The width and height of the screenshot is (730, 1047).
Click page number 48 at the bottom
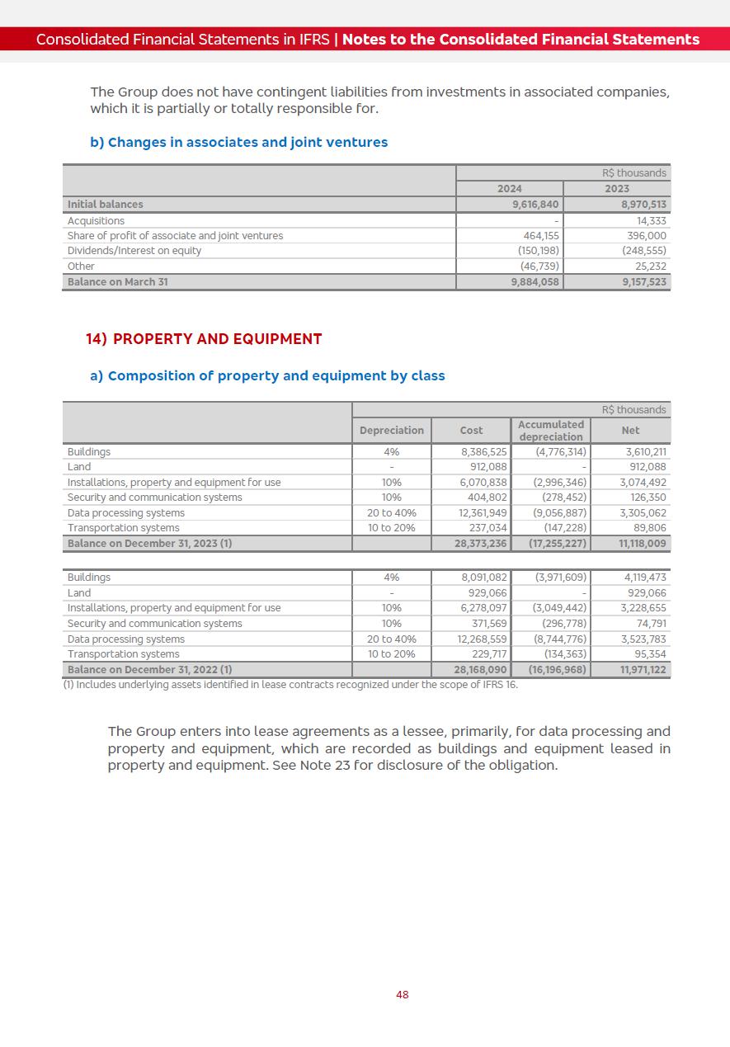[x=402, y=995]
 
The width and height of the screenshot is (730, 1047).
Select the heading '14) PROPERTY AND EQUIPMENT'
[x=204, y=339]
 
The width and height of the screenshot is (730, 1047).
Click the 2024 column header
[x=509, y=189]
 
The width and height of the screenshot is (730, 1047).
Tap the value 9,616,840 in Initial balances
[x=535, y=205]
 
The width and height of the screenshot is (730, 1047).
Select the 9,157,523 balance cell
[x=644, y=282]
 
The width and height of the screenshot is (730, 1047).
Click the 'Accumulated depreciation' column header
[x=551, y=431]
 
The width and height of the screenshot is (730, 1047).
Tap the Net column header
[x=630, y=431]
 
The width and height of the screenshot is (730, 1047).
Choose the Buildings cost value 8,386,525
[x=483, y=452]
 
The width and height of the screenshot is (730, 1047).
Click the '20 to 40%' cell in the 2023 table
[x=392, y=513]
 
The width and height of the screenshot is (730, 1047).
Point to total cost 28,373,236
[x=480, y=544]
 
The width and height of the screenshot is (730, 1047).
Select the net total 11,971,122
[x=643, y=670]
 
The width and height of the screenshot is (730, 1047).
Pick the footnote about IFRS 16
[x=290, y=685]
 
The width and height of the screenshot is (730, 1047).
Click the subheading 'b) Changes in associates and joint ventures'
[x=238, y=143]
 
